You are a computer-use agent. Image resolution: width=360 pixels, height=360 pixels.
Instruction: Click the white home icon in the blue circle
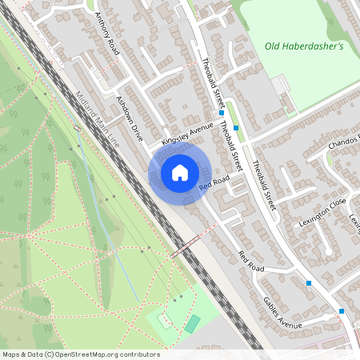tap(180, 172)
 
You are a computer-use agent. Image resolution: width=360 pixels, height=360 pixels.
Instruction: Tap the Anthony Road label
tap(106, 34)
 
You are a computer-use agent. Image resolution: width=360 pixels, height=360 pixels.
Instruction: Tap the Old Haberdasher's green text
tap(303, 46)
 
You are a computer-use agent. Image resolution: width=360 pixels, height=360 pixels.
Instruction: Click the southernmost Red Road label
tap(250, 261)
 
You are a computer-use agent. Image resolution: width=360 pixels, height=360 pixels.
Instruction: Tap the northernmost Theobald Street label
tap(210, 83)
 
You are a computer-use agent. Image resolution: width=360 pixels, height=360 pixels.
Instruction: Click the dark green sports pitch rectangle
tap(192, 323)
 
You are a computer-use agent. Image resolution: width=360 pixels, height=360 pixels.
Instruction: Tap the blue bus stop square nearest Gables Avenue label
tap(309, 282)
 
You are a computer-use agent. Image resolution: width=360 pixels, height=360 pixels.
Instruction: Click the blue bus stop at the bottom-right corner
tap(342, 310)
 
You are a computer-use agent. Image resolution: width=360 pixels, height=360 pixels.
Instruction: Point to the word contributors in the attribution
tap(139, 354)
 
